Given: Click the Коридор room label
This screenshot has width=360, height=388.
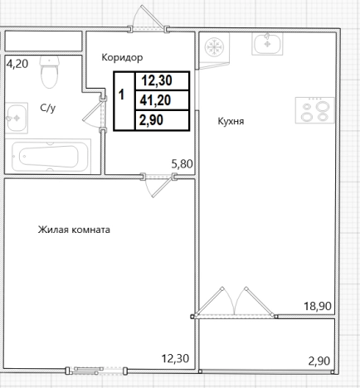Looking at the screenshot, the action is point(122,57).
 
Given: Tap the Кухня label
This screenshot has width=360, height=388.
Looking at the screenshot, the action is point(231,121).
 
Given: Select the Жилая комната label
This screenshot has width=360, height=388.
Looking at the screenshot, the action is point(74,230).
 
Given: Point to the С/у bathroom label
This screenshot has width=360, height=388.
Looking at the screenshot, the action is point(48,108).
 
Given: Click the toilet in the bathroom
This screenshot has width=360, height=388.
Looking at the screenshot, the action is point(50,71).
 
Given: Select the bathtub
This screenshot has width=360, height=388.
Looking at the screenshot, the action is point(48,157).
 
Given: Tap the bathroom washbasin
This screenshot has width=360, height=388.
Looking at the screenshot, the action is point(17,118).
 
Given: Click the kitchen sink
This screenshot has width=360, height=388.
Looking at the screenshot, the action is point(267,44).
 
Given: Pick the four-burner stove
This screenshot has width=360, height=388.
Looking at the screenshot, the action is point(314,110).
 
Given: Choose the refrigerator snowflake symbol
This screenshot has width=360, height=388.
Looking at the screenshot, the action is point(214,47).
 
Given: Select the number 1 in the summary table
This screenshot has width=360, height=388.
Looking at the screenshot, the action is point(121,95).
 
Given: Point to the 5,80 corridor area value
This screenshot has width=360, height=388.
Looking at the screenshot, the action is point(182,164).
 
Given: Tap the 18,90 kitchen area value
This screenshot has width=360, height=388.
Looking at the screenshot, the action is point(318,306).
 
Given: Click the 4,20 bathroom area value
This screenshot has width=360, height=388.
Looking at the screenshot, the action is point(17,64).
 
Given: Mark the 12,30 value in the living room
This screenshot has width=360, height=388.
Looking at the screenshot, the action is point(175,359).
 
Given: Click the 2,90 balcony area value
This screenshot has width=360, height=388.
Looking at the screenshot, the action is point(319,361).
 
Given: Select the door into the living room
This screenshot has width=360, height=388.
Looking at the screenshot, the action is point(158,185).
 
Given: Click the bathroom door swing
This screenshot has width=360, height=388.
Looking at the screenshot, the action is point(95,114).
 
